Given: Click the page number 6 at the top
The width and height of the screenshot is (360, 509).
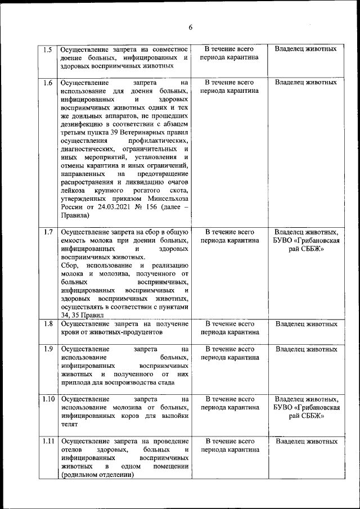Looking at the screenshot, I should pyautogui.click(x=190, y=28).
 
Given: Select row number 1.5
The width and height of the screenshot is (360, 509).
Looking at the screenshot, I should pyautogui.click(x=48, y=49).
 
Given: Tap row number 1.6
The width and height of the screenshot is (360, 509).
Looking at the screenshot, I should pyautogui.click(x=48, y=83).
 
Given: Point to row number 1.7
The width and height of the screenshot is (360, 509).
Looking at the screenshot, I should pyautogui.click(x=48, y=232).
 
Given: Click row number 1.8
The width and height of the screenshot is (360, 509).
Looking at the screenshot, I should pyautogui.click(x=48, y=324).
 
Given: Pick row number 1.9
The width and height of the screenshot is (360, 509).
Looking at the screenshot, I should pyautogui.click(x=48, y=349).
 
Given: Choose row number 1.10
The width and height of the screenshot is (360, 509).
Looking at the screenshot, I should pyautogui.click(x=48, y=399).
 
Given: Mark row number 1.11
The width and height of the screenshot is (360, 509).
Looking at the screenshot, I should pyautogui.click(x=48, y=441).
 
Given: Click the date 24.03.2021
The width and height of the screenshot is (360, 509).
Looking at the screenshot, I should pyautogui.click(x=116, y=206).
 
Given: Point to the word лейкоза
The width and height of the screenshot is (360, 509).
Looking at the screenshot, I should pyautogui.click(x=73, y=190).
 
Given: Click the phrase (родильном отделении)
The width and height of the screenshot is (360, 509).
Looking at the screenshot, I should pyautogui.click(x=97, y=475).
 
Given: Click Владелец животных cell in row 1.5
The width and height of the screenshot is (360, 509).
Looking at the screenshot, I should pyautogui.click(x=306, y=49).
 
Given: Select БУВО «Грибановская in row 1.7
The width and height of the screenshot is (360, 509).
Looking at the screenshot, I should pyautogui.click(x=306, y=240).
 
